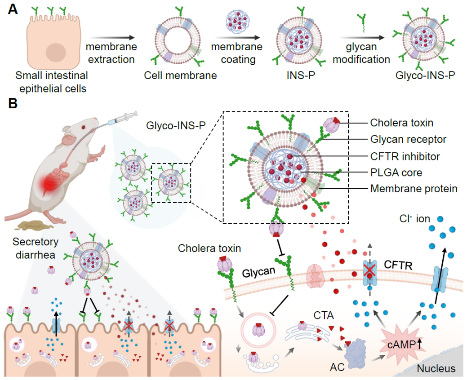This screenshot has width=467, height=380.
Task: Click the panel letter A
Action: [13, 10]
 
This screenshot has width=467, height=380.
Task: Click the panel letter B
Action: [13, 104]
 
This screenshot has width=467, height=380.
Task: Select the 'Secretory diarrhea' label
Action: [36, 248]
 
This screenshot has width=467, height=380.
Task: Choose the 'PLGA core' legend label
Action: [396, 173]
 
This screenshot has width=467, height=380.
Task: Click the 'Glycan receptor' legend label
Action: [408, 140]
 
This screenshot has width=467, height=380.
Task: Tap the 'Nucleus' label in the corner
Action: [436, 369]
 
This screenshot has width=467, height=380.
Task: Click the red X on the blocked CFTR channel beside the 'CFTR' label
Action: [369, 270]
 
